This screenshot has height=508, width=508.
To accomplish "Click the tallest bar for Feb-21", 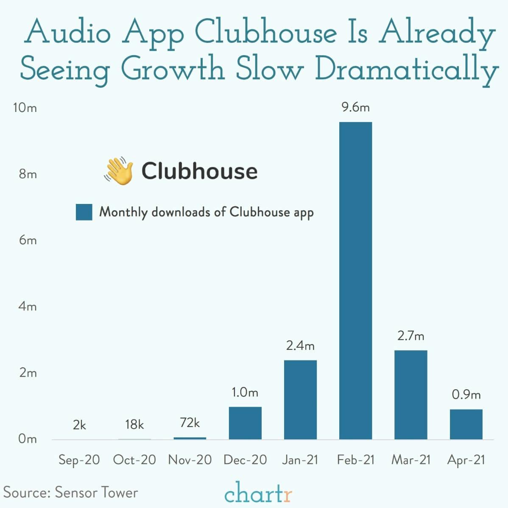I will pos(355,280).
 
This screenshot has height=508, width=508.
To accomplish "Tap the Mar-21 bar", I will pos(410,394).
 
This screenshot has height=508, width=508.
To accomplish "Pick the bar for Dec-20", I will pos(245,423).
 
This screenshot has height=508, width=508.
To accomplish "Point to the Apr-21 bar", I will pos(466,424).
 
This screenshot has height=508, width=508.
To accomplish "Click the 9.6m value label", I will pos(356,107).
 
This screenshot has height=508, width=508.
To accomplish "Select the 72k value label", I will pos(190,423).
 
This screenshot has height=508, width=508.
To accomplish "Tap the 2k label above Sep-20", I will pos(79,425).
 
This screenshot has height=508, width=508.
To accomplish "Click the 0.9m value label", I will pos(466,395).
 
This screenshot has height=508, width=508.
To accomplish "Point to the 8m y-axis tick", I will pos(28,174).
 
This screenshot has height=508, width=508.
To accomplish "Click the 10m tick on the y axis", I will pos(25,108).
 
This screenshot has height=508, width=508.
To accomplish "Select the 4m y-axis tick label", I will pos(28,306).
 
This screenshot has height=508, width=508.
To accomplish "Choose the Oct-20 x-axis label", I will pos(134,460).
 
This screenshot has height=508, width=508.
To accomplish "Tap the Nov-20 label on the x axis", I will pos(190,460).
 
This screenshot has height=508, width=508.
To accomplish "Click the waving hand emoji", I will pos(118,171).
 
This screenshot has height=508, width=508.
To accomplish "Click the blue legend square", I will pos(84,212).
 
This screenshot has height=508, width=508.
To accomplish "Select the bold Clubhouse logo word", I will pos(199,171).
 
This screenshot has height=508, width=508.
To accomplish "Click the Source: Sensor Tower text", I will pos(70,492).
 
